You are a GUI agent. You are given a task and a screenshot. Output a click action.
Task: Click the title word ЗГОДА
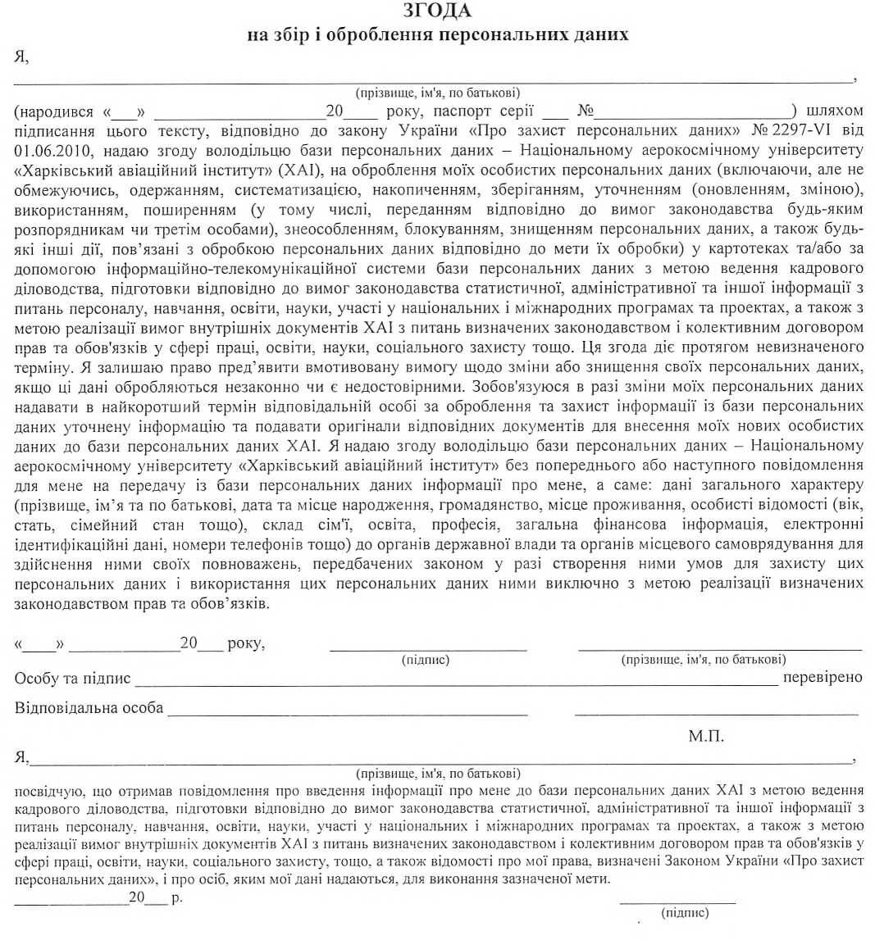(x=437, y=11)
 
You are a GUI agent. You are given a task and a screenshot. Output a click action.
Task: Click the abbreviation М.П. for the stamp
(x=706, y=737)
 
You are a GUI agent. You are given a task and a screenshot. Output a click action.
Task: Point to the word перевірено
(x=823, y=677)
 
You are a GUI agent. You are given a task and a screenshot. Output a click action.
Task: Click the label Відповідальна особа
(x=89, y=707)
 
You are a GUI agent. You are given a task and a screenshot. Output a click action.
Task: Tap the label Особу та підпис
(x=72, y=677)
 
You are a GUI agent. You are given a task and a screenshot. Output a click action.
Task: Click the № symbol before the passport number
(x=586, y=110)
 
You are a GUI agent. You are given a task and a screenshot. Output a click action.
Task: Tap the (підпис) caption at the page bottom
(x=685, y=912)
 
